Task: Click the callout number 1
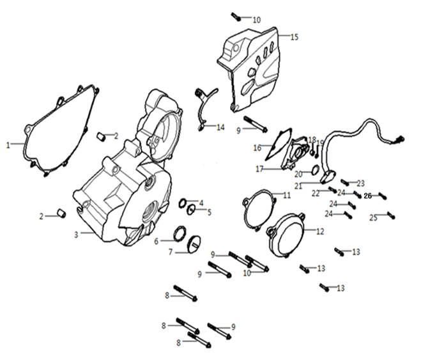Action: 8,145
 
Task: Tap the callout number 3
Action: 75,235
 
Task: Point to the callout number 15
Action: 295,37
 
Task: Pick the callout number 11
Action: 287,194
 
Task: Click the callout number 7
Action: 171,252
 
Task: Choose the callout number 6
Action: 155,241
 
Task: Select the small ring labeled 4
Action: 182,204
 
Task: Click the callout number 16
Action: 257,148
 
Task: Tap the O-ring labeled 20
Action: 316,170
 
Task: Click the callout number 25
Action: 373,218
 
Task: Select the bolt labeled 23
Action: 345,182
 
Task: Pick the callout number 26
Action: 367,196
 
